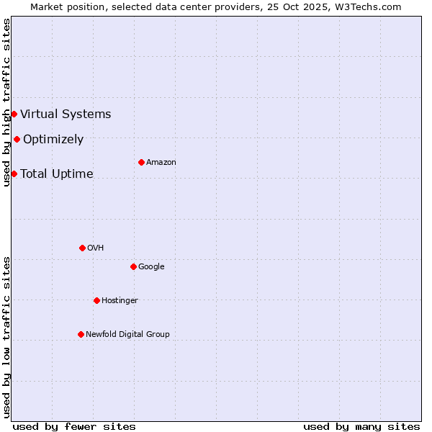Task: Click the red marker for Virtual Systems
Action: pyautogui.click(x=14, y=114)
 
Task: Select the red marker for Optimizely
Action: pyautogui.click(x=17, y=139)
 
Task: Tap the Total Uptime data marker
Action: pyautogui.click(x=14, y=174)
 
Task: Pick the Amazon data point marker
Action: pyautogui.click(x=141, y=162)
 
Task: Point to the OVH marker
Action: pyautogui.click(x=82, y=248)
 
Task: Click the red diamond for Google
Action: pyautogui.click(x=133, y=266)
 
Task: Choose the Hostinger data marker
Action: pyautogui.click(x=96, y=300)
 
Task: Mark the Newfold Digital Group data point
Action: pyautogui.click(x=81, y=334)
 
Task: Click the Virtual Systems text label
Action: pyautogui.click(x=66, y=114)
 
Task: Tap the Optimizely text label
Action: pyautogui.click(x=53, y=140)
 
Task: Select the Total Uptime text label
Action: pyautogui.click(x=57, y=174)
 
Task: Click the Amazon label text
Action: pyautogui.click(x=161, y=163)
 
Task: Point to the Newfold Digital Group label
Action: pyautogui.click(x=128, y=334)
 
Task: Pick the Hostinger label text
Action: pyautogui.click(x=120, y=300)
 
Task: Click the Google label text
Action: pyautogui.click(x=151, y=266)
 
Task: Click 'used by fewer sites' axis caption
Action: pyautogui.click(x=74, y=426)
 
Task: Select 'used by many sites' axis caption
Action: pyautogui.click(x=361, y=426)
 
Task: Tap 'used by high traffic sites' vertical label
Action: pyautogui.click(x=6, y=102)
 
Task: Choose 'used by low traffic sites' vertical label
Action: pyautogui.click(x=6, y=336)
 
